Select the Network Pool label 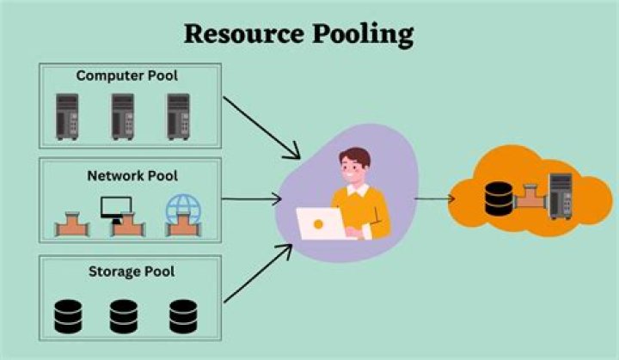132,175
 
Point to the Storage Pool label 131,272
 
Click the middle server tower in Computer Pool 122,116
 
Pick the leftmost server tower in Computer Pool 67,116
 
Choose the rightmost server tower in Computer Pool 177,116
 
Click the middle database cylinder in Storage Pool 123,315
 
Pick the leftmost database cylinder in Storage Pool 68,315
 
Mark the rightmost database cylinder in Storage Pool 183,315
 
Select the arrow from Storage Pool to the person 257,273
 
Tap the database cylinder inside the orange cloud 498,198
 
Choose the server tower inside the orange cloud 559,194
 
